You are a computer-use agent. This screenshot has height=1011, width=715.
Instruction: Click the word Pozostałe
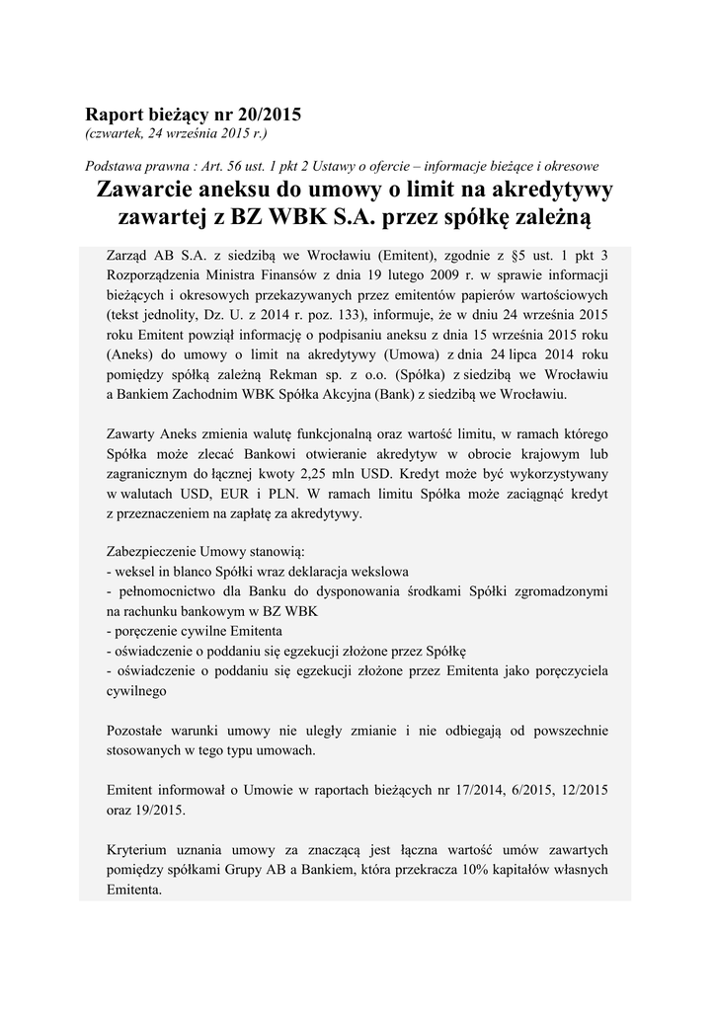tap(139, 731)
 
